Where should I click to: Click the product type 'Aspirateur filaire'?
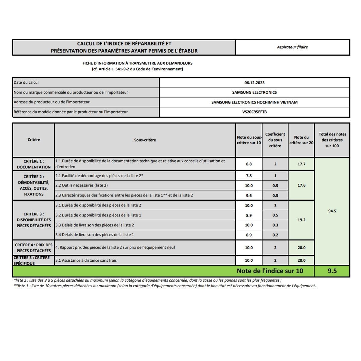(292, 47)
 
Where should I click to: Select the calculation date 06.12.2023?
(254, 83)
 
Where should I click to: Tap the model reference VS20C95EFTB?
(254, 112)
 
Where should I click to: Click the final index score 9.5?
(332, 271)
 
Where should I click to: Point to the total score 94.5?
(332, 211)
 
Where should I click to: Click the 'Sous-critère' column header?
(145, 140)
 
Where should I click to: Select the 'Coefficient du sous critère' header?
(275, 140)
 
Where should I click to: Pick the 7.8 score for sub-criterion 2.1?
(248, 176)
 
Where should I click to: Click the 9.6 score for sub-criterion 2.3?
(248, 196)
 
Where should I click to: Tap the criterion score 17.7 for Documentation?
(301, 164)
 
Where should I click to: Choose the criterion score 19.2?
(301, 220)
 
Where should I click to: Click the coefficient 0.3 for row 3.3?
(275, 225)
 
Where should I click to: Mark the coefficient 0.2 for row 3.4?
(275, 235)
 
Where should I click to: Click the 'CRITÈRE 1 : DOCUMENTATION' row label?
(34, 164)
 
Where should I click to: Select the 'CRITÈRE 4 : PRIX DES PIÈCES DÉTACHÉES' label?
(34, 248)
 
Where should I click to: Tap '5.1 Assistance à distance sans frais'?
(86, 261)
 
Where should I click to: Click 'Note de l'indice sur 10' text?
(270, 271)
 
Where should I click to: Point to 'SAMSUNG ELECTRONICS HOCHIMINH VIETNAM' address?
(254, 102)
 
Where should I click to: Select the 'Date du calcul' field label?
(26, 82)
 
